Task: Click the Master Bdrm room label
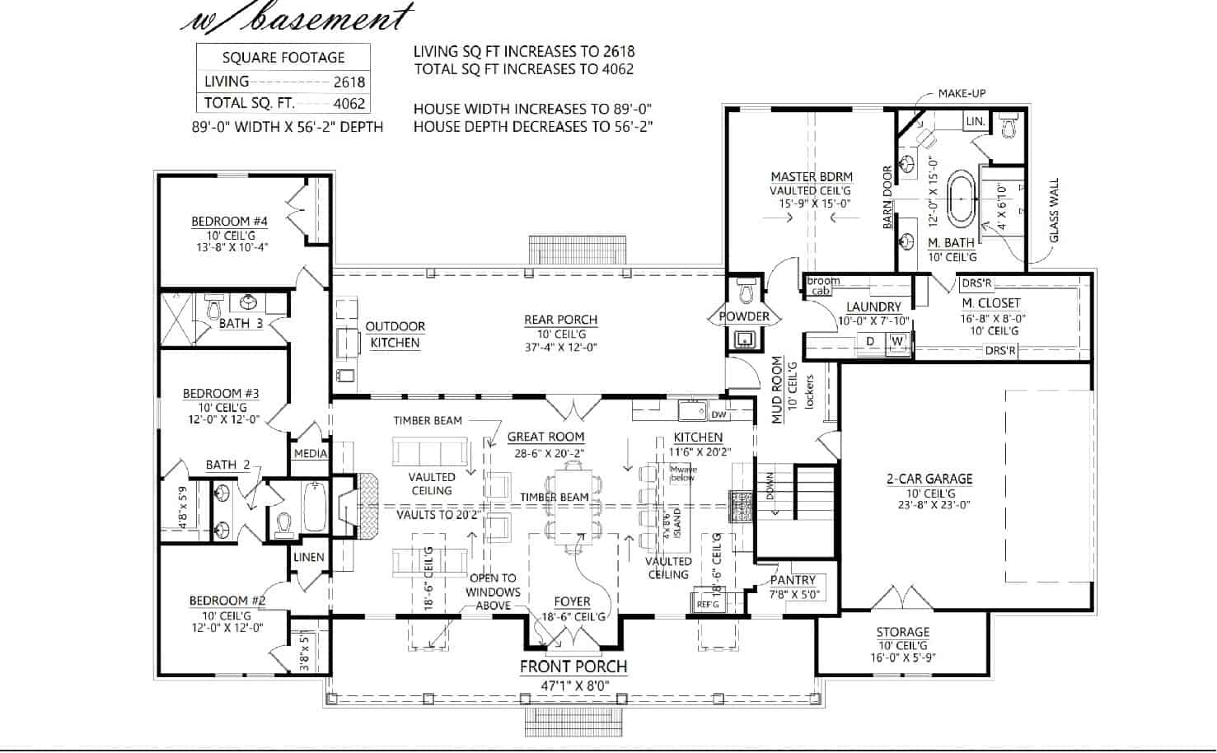(x=811, y=176)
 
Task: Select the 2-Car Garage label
(x=929, y=479)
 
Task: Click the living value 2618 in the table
(x=349, y=82)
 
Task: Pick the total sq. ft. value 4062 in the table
(x=349, y=104)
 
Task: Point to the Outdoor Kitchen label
(x=395, y=334)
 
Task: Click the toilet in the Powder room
(x=747, y=290)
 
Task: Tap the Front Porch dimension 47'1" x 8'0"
(x=573, y=685)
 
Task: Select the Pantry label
(x=793, y=580)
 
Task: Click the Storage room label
(x=902, y=632)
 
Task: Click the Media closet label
(x=311, y=453)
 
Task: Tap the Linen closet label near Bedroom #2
(x=309, y=557)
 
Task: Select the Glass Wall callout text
(x=1054, y=211)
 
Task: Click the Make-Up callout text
(x=962, y=94)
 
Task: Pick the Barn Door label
(x=887, y=198)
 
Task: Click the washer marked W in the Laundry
(x=897, y=341)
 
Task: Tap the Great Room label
(x=545, y=437)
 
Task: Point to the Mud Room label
(x=777, y=390)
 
